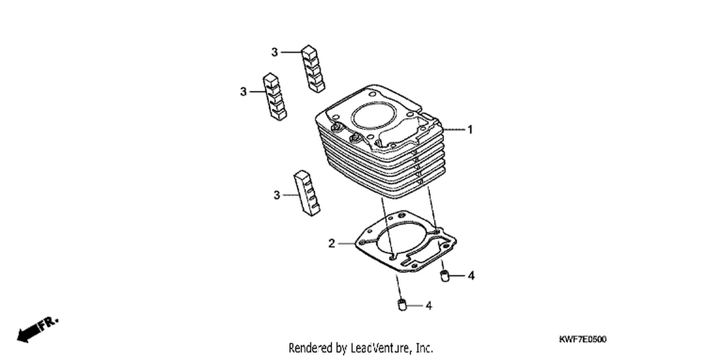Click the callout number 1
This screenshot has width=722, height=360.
[x=470, y=130]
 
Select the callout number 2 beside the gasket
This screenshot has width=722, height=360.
[x=332, y=244]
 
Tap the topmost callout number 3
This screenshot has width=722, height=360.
[x=275, y=52]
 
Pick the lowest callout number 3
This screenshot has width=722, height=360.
[x=277, y=195]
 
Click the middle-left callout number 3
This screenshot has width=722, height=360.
[x=244, y=92]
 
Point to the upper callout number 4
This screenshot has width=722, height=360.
[x=471, y=276]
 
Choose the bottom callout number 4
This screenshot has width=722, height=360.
[x=429, y=306]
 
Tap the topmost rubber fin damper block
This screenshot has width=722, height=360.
[x=313, y=69]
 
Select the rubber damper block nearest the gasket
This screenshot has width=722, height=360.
[x=307, y=193]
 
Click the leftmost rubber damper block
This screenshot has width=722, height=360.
[x=275, y=96]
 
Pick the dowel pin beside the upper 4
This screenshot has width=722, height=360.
[x=445, y=276]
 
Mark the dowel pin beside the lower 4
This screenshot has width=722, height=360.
[x=402, y=305]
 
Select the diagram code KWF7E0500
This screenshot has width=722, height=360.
[x=582, y=339]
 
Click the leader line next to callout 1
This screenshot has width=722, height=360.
[x=454, y=129]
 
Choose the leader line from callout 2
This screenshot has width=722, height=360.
[x=347, y=244]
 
